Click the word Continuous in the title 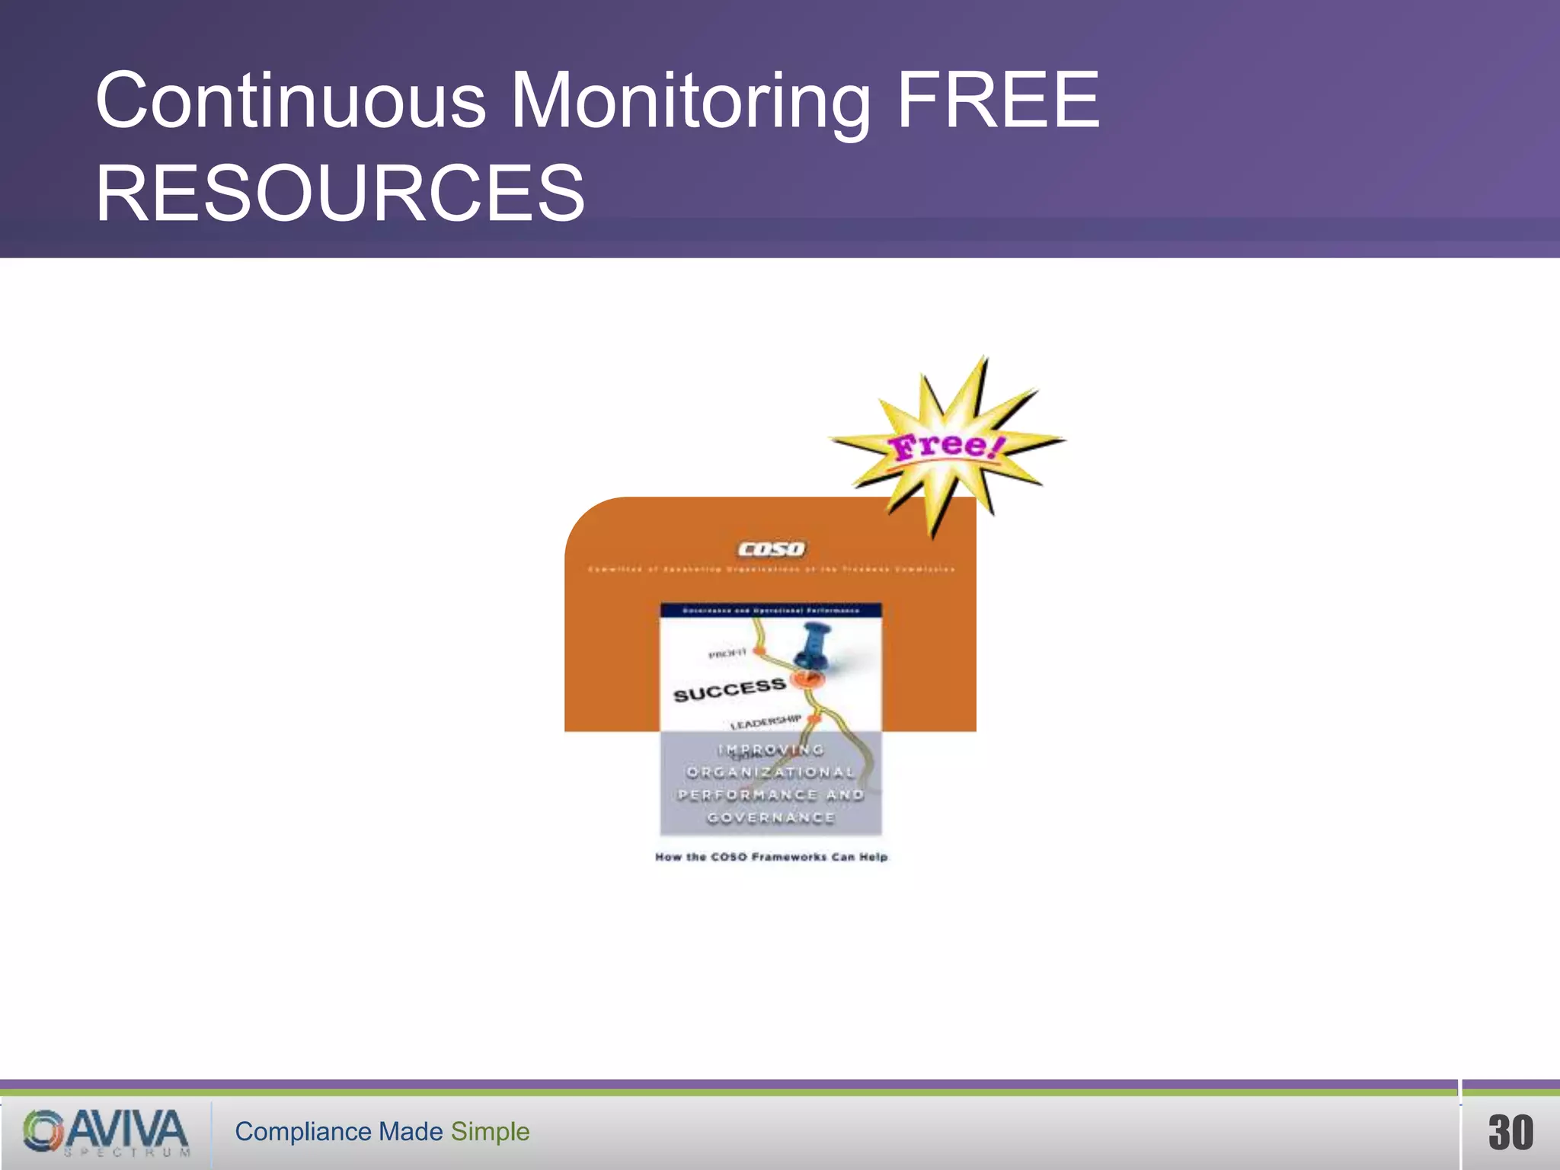[290, 101]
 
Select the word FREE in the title [998, 101]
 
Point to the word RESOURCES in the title [340, 193]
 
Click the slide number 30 [1510, 1132]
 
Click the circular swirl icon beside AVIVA [43, 1130]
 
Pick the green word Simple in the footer [490, 1132]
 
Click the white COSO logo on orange [771, 549]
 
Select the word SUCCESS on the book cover [729, 690]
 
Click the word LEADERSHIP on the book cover [766, 721]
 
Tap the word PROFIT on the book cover [727, 654]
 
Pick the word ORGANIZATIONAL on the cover [771, 772]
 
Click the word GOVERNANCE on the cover [771, 818]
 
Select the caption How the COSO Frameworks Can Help [771, 857]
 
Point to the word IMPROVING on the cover [771, 750]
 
